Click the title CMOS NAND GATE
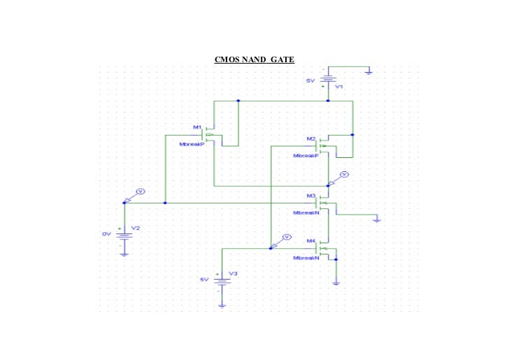(x=254, y=59)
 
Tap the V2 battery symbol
(x=124, y=238)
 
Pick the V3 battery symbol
(x=222, y=281)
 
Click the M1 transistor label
(x=197, y=127)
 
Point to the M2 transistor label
(x=311, y=139)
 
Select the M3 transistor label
(x=311, y=196)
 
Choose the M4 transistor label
(x=311, y=241)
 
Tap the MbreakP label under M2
(x=306, y=156)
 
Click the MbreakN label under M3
(x=306, y=212)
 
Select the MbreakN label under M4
(x=306, y=257)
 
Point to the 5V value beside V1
(x=310, y=81)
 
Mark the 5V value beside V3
(x=204, y=279)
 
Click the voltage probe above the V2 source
(x=139, y=191)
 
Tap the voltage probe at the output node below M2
(x=343, y=173)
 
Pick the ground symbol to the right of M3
(x=377, y=219)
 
